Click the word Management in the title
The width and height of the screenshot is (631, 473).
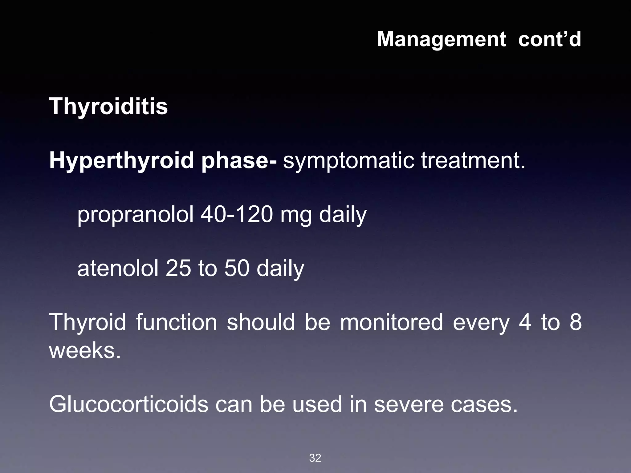point(441,39)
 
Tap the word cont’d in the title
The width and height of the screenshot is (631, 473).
point(550,39)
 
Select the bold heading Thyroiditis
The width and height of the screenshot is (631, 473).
point(108,107)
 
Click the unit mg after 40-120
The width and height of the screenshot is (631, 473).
point(296,215)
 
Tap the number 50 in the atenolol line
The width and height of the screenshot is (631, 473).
point(237,268)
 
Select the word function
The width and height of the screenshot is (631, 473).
point(176,322)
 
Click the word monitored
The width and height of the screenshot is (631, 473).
point(392,322)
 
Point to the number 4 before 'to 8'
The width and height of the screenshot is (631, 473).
point(525,322)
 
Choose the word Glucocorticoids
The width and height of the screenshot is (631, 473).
point(129,404)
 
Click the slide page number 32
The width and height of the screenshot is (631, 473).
point(315,458)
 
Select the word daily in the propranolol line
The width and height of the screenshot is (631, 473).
point(343,215)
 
